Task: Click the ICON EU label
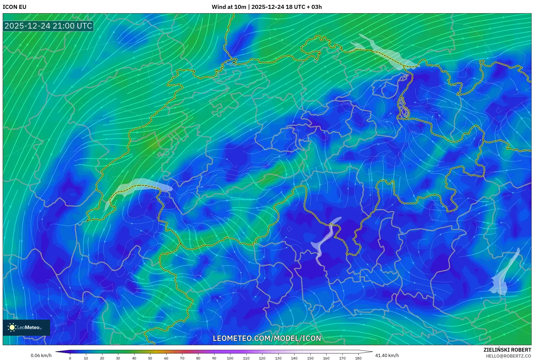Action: tap(15, 7)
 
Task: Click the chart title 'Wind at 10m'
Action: tap(229, 7)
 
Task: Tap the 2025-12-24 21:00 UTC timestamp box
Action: tap(48, 26)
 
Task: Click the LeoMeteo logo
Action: tap(26, 327)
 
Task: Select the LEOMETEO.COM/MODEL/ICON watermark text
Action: tap(267, 338)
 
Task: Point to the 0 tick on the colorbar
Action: tap(70, 358)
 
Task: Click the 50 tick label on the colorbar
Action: tap(150, 358)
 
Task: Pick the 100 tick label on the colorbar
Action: tap(230, 358)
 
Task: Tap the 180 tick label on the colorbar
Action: tap(358, 358)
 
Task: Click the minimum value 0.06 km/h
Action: tap(41, 355)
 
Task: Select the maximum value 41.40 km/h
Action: tap(387, 355)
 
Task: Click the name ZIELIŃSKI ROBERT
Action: tap(507, 350)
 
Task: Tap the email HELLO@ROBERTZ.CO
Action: tap(508, 356)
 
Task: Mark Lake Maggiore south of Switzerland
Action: tap(325, 240)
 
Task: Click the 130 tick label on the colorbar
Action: tap(278, 358)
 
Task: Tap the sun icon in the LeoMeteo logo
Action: tap(12, 327)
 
